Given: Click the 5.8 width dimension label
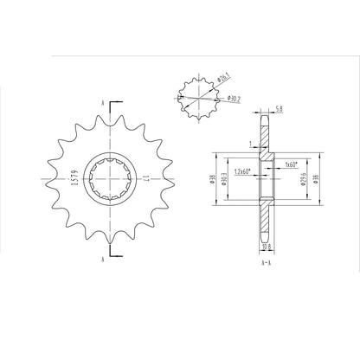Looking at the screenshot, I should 277,110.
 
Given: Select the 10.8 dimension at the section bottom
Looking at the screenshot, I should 265,247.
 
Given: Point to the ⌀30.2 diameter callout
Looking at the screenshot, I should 234,99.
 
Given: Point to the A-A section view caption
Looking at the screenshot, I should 267,259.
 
